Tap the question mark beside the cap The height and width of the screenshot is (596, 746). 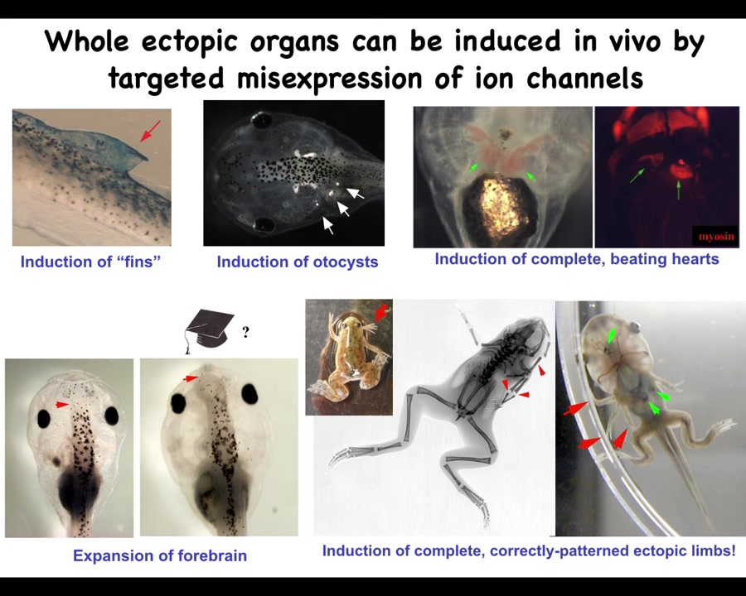245,331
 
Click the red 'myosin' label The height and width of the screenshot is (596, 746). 716,236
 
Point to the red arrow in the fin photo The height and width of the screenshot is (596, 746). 150,131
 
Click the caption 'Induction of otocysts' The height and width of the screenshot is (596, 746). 298,262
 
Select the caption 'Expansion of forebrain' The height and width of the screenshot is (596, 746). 160,555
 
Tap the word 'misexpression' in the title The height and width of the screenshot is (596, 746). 329,78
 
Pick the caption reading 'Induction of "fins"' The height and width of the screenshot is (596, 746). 90,262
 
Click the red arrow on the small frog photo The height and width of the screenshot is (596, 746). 381,313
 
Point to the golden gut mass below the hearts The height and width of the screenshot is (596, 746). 501,207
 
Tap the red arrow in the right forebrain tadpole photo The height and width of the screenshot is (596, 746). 191,378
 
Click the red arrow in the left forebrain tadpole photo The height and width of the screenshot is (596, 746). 62,405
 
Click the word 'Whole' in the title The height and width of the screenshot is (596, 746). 87,41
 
